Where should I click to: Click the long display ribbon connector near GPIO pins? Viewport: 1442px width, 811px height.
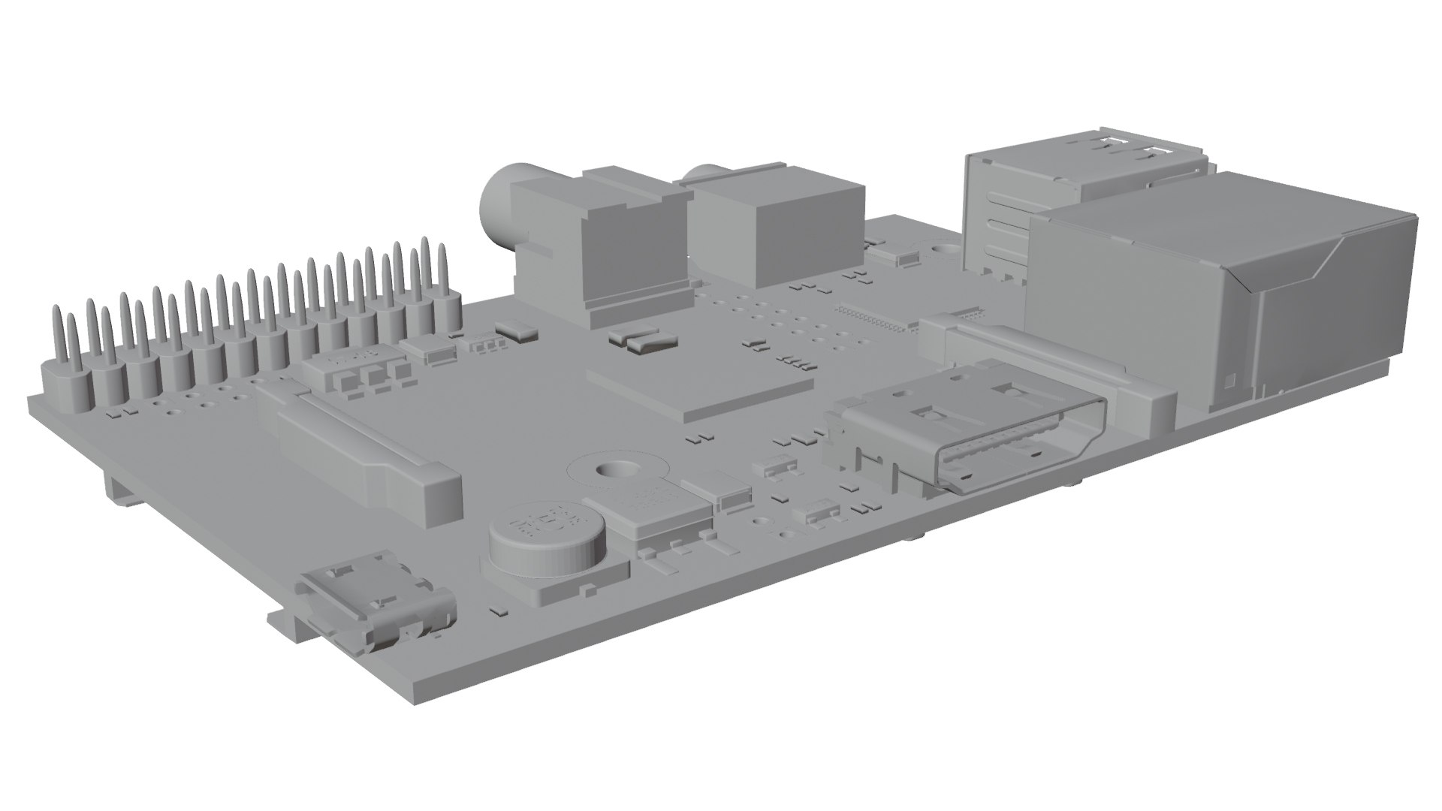(x=360, y=451)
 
